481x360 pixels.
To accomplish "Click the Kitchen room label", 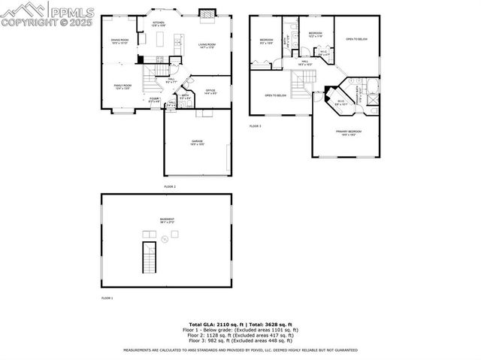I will click(159, 24).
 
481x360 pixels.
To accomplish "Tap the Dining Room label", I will click(120, 41).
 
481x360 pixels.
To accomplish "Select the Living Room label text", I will click(207, 46).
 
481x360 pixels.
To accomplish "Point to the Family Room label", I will click(123, 87).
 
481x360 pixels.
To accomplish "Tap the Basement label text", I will click(167, 220).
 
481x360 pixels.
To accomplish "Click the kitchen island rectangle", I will click(159, 59).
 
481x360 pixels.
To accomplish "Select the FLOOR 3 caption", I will click(256, 126).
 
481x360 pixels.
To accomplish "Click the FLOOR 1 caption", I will click(107, 298).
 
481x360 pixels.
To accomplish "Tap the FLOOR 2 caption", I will click(169, 186).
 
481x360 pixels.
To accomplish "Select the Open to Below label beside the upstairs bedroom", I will click(356, 39).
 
